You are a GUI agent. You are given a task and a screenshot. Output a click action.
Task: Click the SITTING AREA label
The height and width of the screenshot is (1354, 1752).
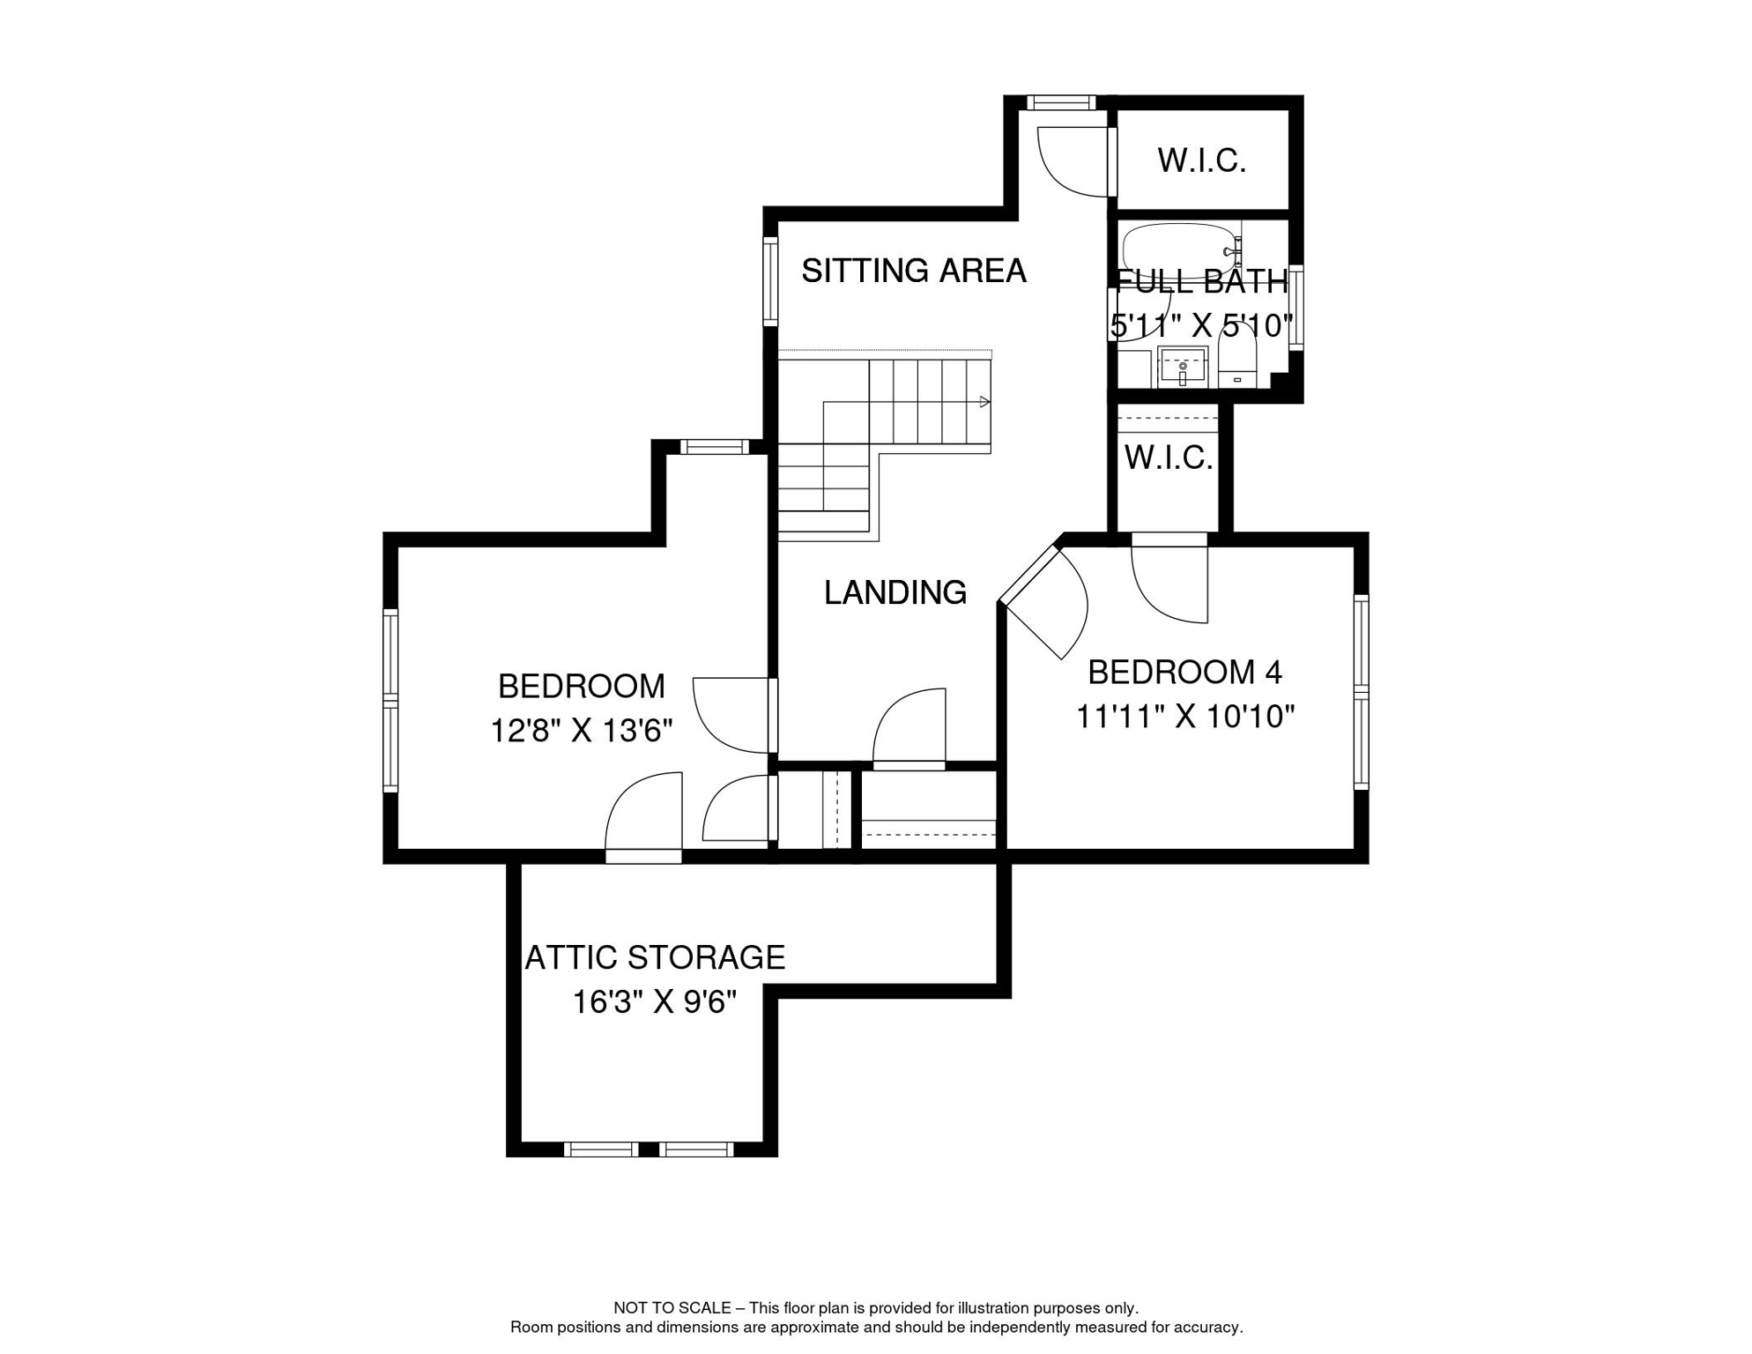click(x=913, y=271)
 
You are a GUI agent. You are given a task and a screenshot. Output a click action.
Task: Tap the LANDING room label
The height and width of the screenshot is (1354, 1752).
click(x=895, y=592)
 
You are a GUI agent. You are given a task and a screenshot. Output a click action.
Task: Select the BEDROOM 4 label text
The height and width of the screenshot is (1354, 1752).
click(x=1184, y=673)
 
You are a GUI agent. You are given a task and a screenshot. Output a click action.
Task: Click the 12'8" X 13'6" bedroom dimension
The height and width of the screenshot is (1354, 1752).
click(x=581, y=731)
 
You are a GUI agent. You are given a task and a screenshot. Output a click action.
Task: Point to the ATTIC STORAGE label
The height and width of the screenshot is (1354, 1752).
click(x=655, y=957)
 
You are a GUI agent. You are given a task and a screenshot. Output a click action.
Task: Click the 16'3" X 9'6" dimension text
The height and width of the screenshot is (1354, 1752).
click(x=654, y=1002)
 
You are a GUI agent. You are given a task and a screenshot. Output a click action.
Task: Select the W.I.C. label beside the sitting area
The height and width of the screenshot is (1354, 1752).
click(x=1201, y=160)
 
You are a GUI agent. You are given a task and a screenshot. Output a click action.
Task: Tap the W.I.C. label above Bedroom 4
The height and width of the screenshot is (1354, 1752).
click(x=1168, y=458)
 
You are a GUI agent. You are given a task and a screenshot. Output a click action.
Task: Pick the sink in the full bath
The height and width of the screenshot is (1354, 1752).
click(x=1182, y=367)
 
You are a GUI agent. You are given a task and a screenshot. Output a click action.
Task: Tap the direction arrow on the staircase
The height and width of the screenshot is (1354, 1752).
click(x=984, y=402)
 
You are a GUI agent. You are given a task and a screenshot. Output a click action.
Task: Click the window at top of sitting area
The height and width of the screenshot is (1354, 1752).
click(x=1061, y=103)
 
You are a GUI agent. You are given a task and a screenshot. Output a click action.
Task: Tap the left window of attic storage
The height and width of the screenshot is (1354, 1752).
click(x=601, y=1149)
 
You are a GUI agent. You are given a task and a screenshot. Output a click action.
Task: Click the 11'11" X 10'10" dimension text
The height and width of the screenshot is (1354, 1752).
click(x=1184, y=717)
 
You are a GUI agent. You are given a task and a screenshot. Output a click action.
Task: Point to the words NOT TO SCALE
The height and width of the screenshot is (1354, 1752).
click(x=672, y=1308)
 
